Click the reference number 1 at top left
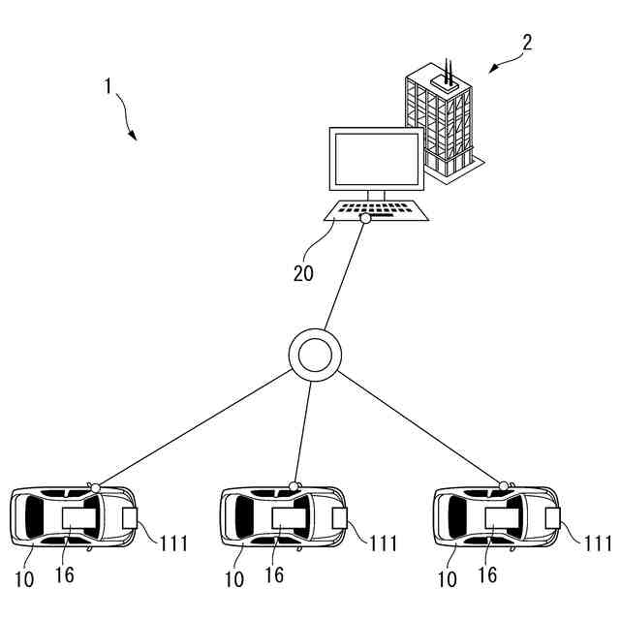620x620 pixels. click(109, 85)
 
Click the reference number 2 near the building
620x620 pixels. click(527, 42)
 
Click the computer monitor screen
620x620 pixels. click(376, 161)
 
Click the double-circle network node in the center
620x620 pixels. click(315, 355)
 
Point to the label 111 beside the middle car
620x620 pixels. click(383, 542)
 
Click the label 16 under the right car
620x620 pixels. click(487, 574)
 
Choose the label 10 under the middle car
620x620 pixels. click(234, 579)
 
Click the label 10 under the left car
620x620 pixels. click(24, 579)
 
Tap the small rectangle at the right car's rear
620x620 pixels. click(551, 517)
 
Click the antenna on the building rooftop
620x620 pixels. click(449, 70)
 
